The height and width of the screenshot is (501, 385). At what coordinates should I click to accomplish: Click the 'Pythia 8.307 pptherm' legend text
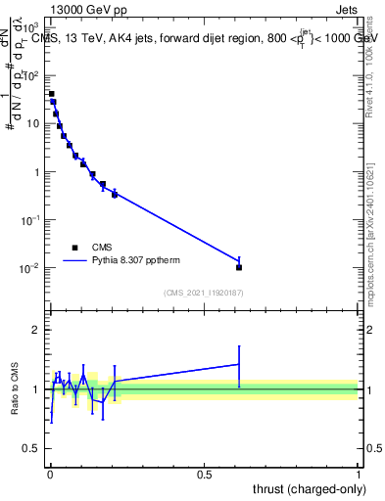coord(137,261)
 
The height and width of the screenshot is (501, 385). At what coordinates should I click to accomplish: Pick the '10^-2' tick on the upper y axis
coord(32,268)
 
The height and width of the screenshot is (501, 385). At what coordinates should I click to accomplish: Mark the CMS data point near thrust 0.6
coord(239,267)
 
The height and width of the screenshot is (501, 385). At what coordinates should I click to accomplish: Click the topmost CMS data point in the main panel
coord(51,94)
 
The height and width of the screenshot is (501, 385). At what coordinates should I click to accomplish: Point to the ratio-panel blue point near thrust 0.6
coord(239,364)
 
